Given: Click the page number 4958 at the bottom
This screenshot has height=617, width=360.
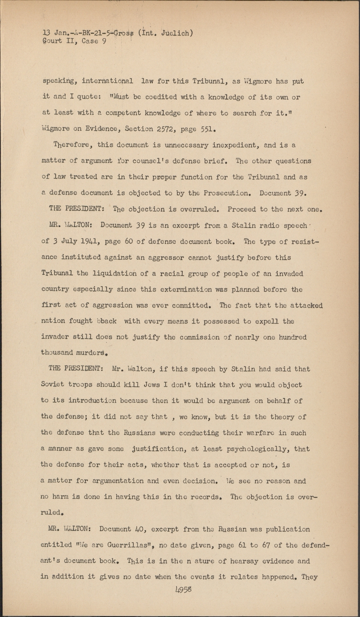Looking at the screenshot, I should coord(184,589).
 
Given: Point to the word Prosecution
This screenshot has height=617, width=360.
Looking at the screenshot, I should coord(224,193).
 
